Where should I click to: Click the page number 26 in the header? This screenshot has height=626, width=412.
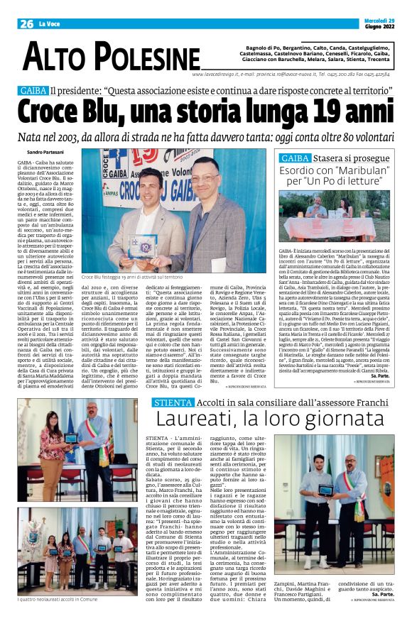coord(26,23)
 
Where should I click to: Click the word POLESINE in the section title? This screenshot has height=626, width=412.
coord(146,57)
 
